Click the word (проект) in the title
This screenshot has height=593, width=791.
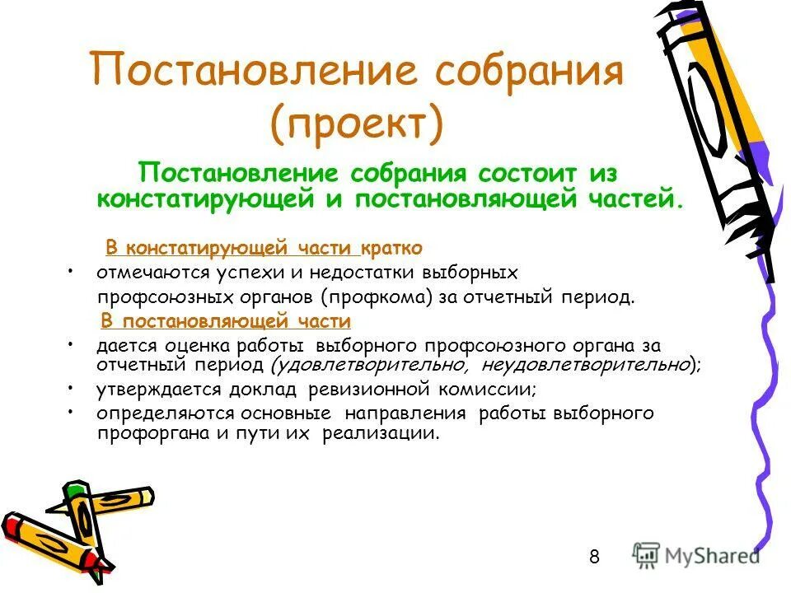(356, 122)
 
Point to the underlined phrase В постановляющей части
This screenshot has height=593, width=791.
(226, 321)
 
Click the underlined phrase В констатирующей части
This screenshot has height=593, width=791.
(231, 248)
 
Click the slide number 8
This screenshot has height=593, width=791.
(594, 558)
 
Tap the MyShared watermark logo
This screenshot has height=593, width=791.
(697, 555)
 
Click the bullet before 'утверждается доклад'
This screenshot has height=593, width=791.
(73, 385)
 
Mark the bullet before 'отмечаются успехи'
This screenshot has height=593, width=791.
(73, 270)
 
